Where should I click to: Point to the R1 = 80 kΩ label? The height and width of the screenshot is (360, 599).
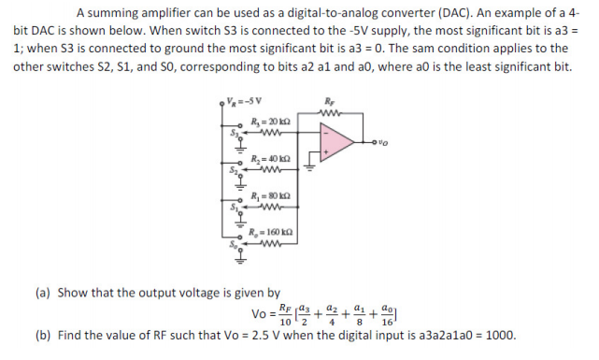point(269,195)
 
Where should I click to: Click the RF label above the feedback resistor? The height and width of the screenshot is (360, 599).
point(328,100)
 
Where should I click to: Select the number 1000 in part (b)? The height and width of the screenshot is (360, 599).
point(497,335)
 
